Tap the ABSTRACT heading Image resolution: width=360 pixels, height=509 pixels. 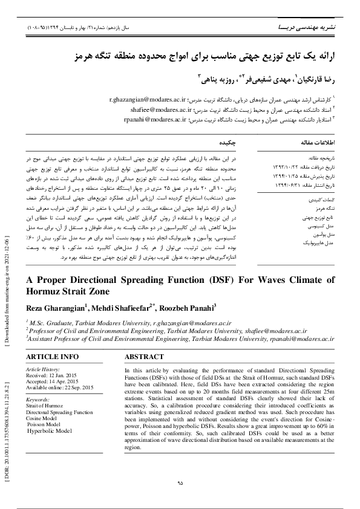pyautogui.click(x=146, y=357)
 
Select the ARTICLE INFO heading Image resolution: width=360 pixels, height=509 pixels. pyautogui.click(x=52, y=357)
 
